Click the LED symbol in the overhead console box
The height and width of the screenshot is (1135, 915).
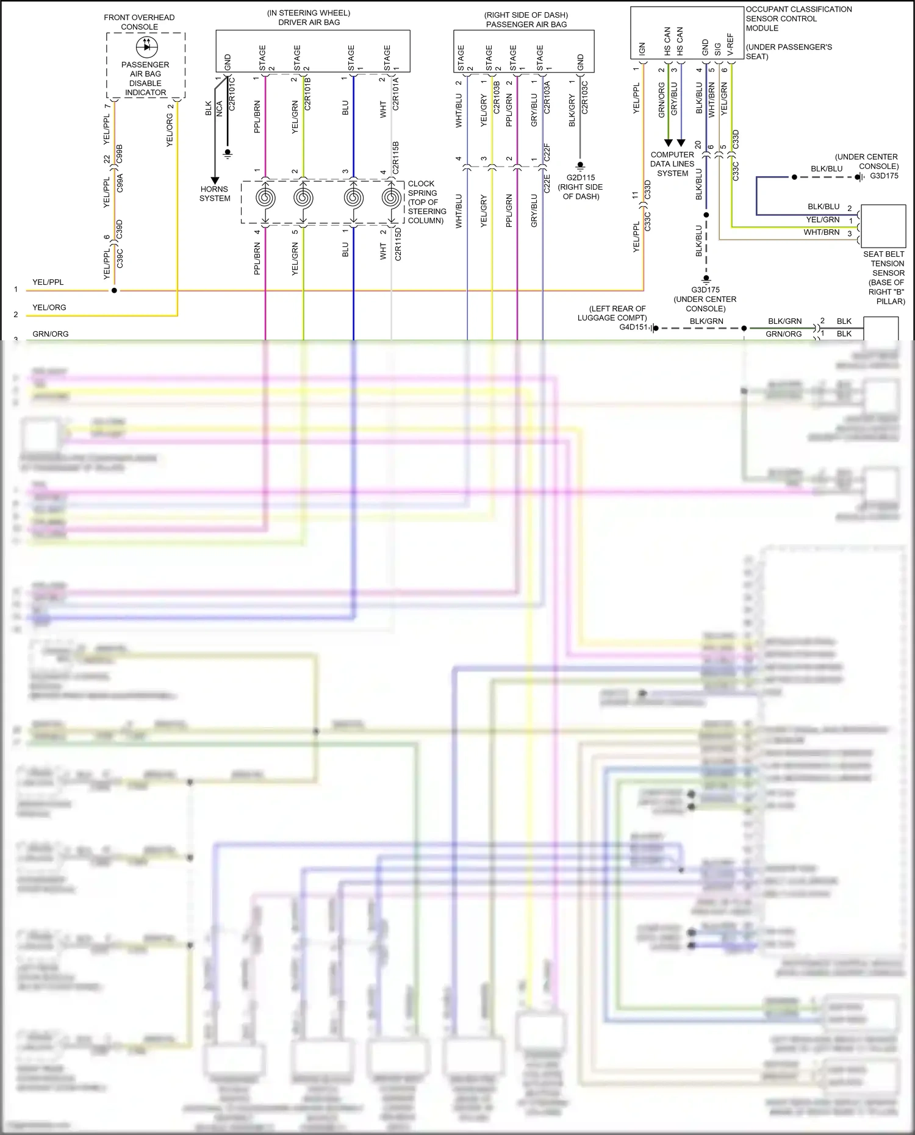point(146,46)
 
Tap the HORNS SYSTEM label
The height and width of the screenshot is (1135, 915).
point(215,194)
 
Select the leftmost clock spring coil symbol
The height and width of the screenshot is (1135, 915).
point(265,198)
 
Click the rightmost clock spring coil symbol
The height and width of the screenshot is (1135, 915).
point(391,198)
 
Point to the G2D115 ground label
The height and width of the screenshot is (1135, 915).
point(580,178)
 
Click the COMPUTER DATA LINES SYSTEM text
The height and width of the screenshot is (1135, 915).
point(672,164)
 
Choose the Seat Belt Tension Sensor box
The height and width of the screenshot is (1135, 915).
point(883,226)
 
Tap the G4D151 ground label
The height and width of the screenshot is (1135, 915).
point(633,327)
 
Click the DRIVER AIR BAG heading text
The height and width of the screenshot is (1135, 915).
point(309,22)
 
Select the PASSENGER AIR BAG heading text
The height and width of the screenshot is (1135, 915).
point(526,24)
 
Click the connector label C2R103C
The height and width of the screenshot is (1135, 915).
point(584,98)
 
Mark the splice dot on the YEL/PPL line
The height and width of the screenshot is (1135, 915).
point(114,290)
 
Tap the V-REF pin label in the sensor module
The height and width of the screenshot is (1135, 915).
point(730,45)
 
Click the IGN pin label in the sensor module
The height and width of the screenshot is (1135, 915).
point(642,49)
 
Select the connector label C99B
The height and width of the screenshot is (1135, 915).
point(120,153)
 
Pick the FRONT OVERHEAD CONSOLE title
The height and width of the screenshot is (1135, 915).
point(139,22)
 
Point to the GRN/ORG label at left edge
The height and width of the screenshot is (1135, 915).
point(51,334)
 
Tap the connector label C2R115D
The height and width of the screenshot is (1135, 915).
point(398,245)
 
